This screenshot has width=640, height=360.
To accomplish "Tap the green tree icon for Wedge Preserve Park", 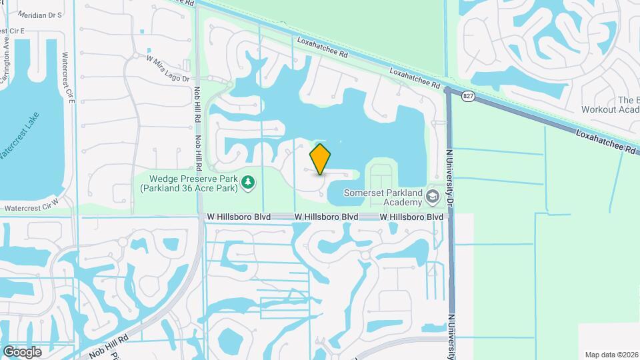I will [248, 181].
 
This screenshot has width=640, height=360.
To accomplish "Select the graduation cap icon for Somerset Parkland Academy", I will [433, 197].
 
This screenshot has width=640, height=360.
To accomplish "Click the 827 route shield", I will [468, 97].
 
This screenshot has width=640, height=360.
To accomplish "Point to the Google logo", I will [22, 351].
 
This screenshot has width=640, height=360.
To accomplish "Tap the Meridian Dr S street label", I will [39, 14].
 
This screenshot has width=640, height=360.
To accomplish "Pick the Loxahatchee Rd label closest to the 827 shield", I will [415, 79].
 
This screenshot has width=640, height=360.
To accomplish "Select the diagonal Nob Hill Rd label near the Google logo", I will [100, 339].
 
